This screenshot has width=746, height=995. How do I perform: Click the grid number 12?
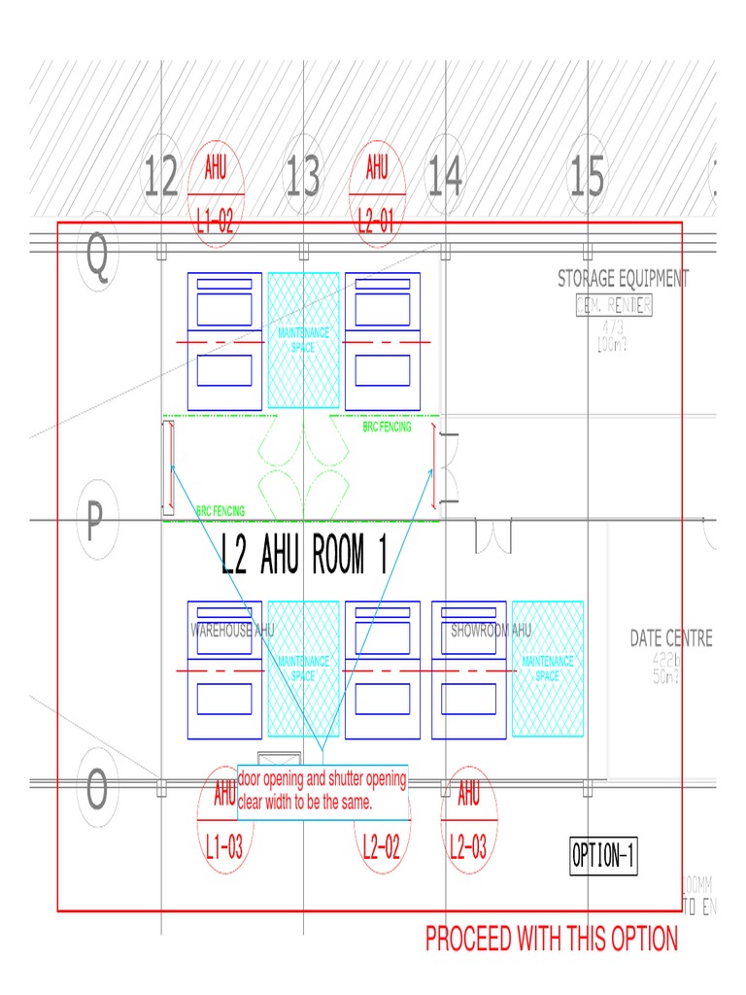tap(161, 179)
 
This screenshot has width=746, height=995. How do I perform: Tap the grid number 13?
tap(303, 179)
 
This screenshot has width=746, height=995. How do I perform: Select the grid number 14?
tap(445, 179)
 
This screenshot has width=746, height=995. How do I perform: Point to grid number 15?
tap(587, 179)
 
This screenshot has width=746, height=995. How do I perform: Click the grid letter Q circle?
tap(97, 257)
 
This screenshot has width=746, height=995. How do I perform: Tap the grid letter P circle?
tap(95, 523)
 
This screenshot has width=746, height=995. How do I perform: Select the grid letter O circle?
tap(96, 792)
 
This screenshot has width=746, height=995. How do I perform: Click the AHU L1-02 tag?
tap(216, 194)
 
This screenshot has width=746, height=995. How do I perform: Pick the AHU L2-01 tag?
tap(377, 194)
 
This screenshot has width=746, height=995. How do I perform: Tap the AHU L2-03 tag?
tap(468, 821)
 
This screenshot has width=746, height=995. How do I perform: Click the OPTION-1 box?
tap(604, 856)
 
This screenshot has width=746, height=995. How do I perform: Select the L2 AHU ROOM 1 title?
tap(305, 556)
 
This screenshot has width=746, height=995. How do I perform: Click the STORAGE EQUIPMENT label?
tap(623, 279)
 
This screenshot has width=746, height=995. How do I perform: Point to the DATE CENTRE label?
tap(671, 638)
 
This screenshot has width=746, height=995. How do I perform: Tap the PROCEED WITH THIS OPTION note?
tap(552, 939)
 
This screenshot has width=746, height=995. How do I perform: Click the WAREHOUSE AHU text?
tap(233, 631)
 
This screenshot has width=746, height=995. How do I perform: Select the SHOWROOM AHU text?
tap(492, 631)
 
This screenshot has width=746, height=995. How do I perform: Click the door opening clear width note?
tap(322, 792)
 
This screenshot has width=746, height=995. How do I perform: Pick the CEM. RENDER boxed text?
tap(614, 305)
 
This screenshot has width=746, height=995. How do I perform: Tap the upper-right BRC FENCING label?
tap(387, 427)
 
